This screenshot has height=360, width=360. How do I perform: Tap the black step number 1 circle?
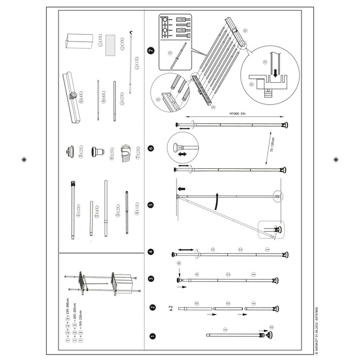coord(152,336)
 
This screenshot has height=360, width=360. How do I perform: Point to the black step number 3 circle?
coord(151,278)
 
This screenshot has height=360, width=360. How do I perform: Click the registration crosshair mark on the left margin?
coord(24,160)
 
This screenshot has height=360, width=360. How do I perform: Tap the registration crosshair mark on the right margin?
coord(335,160)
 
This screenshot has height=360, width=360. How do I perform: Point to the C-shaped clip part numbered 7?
coord(127,151)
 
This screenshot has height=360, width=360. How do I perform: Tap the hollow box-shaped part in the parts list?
coord(79,42)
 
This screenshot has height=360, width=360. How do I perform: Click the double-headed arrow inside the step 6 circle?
coord(183,152)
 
